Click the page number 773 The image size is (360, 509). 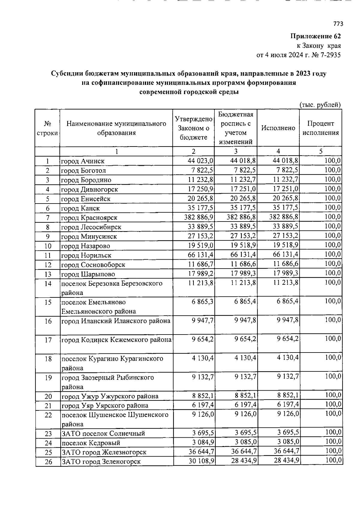point(338,24)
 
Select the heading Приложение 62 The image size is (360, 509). point(316,36)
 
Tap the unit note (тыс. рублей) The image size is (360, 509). point(320,105)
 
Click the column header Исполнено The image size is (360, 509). point(278,128)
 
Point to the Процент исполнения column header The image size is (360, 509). point(320,128)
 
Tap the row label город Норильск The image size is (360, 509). point(86,255)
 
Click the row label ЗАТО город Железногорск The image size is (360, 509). point(104,452)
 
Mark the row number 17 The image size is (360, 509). point(48,340)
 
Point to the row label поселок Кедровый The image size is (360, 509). point(91,443)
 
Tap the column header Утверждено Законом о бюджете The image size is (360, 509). point(193,128)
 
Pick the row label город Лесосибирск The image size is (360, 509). point(91,227)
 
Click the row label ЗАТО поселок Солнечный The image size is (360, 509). point(103,433)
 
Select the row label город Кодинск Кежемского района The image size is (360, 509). point(116,340)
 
